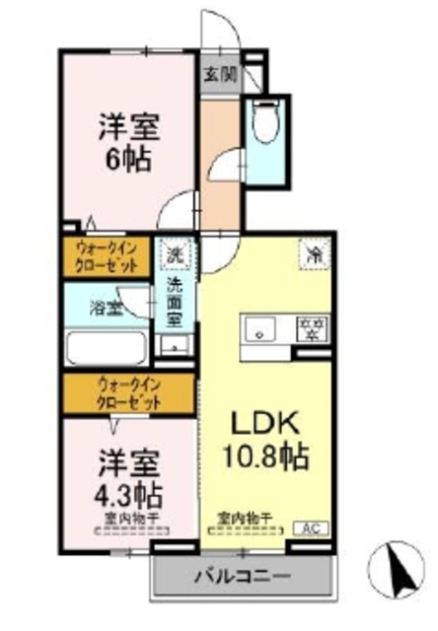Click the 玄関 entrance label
(x=220, y=73)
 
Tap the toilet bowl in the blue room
(x=263, y=124)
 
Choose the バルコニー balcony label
(x=242, y=575)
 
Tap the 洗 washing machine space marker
(x=175, y=254)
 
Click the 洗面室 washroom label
(x=175, y=303)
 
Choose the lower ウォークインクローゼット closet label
(x=128, y=394)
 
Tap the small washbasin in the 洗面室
(x=177, y=345)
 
